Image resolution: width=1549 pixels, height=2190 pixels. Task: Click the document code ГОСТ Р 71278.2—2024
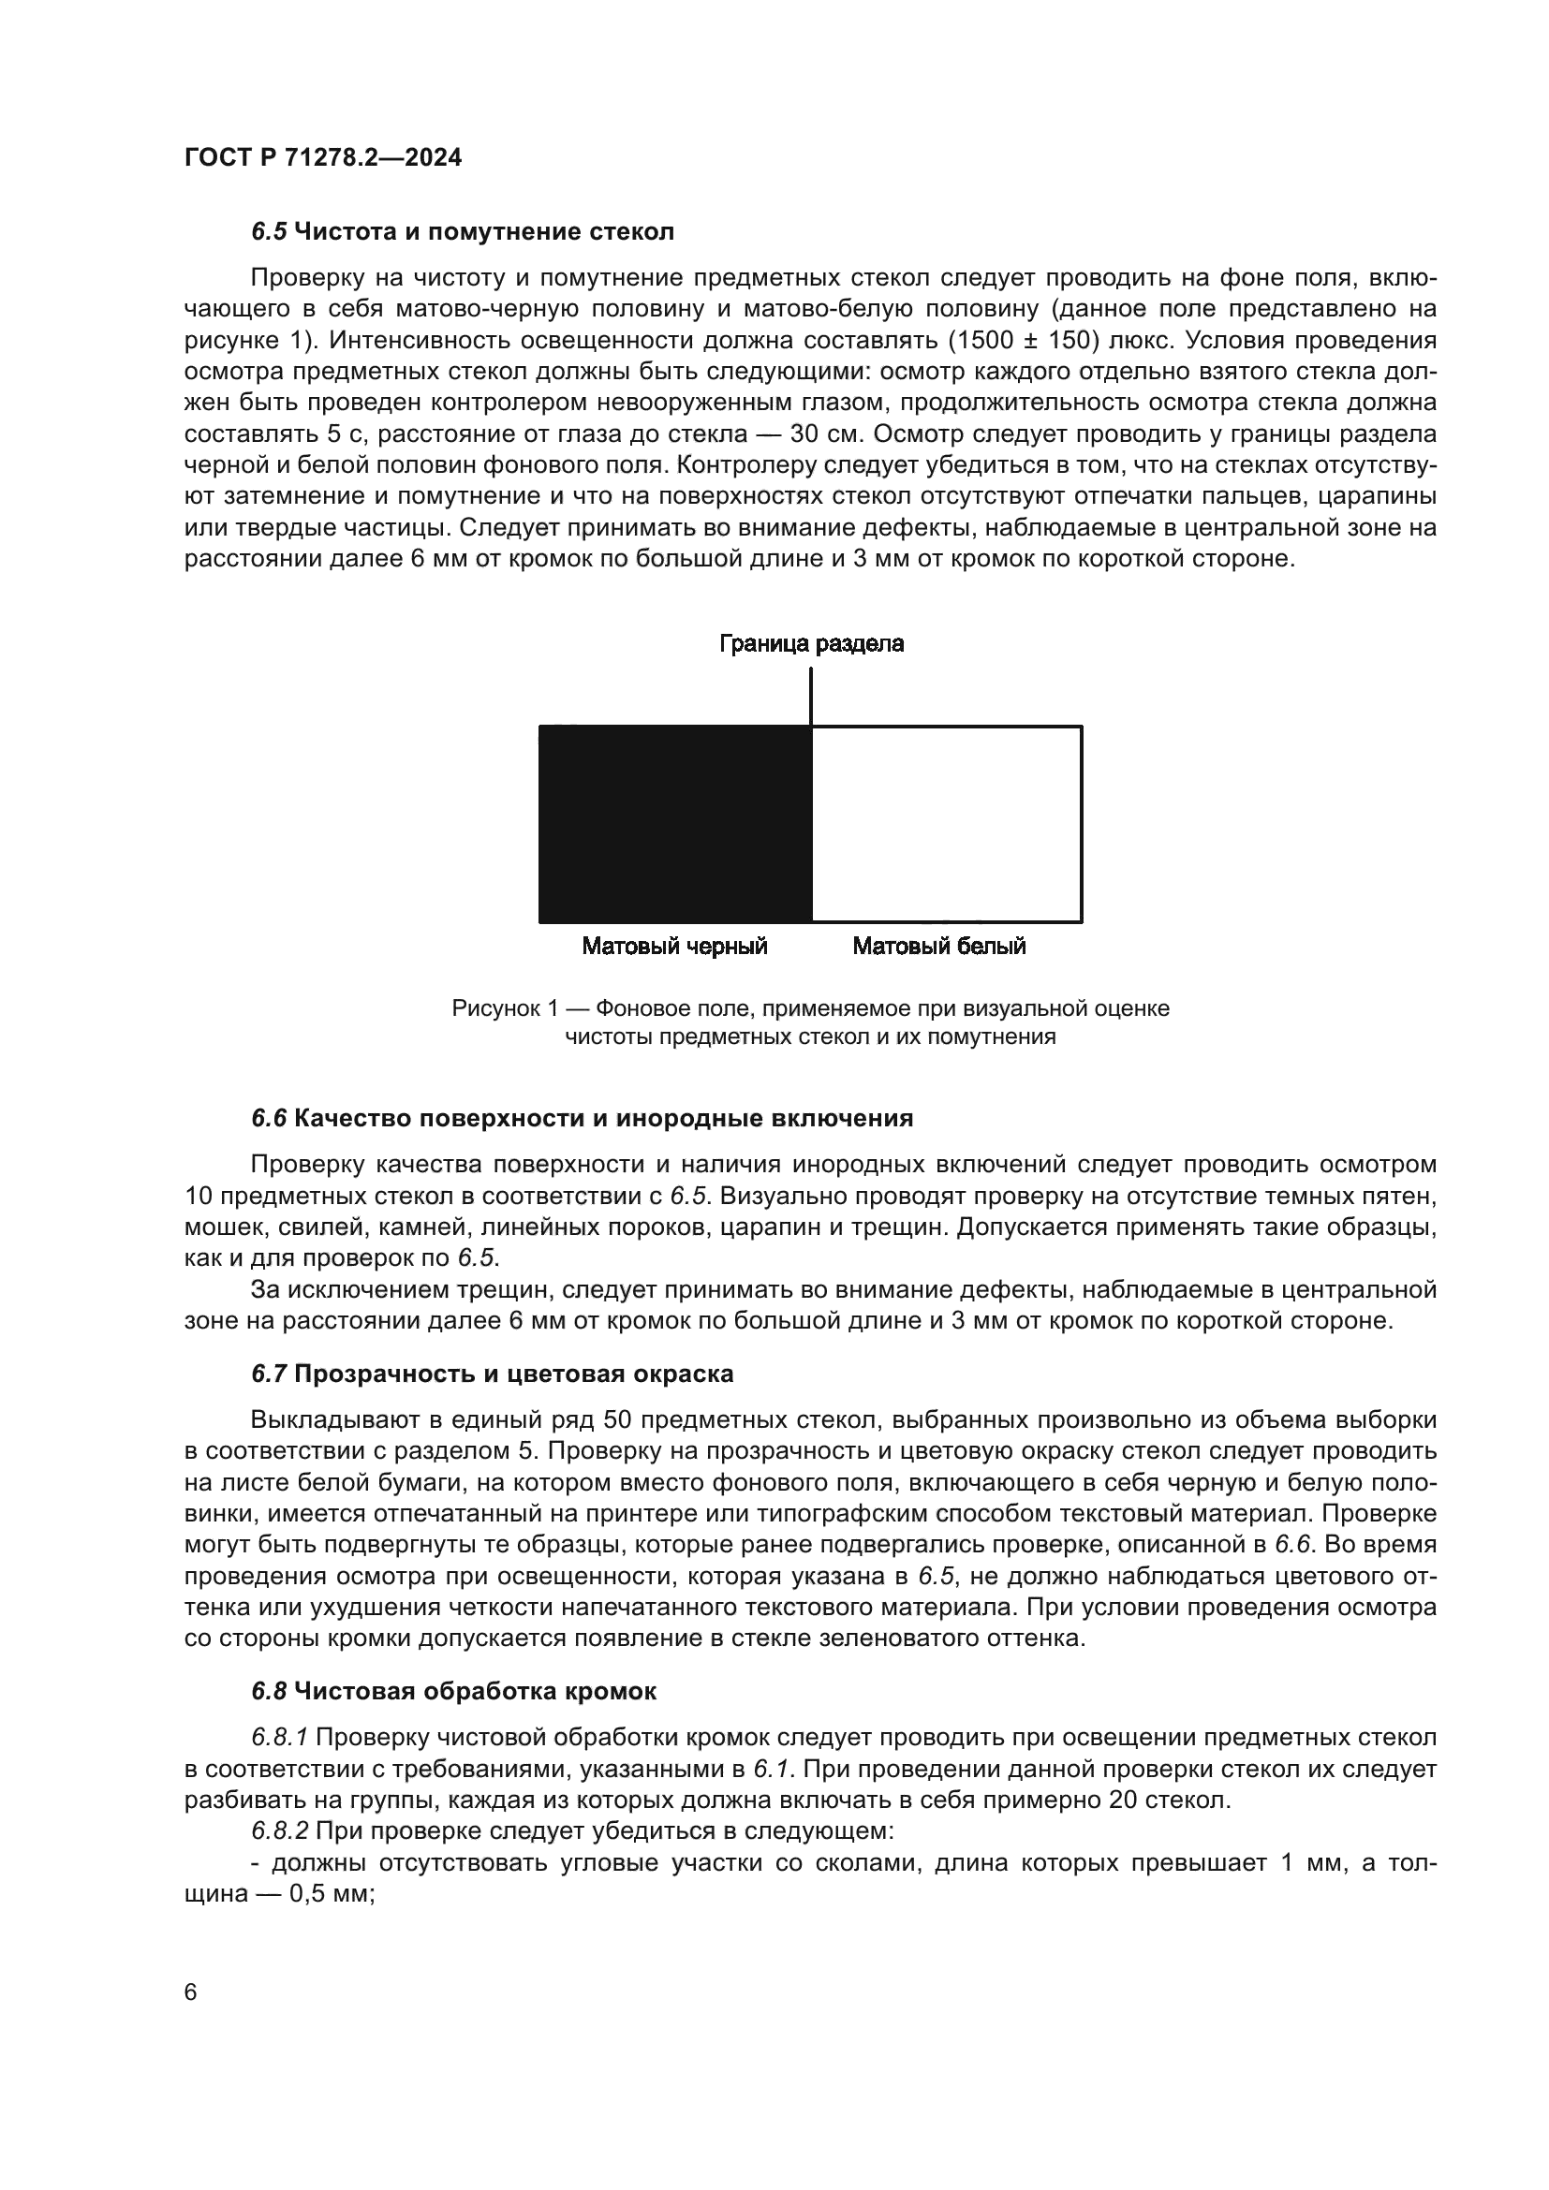322,157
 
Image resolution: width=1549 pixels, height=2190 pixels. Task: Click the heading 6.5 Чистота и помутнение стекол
463,232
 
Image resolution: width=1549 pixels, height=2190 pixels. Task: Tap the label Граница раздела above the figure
811,644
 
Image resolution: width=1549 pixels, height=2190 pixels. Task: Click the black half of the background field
674,824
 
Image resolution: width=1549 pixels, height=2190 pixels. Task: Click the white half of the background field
946,824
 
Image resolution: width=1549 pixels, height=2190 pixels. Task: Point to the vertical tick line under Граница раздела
811,697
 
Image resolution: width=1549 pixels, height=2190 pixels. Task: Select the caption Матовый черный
674,947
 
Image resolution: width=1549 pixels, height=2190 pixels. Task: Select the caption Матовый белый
938,947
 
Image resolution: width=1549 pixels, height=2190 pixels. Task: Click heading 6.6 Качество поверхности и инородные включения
582,1119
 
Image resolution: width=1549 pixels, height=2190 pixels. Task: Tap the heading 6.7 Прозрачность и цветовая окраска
493,1374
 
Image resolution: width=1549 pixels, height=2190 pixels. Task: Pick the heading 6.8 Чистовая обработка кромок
454,1692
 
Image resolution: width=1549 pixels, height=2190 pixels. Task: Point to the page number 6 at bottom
191,1992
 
